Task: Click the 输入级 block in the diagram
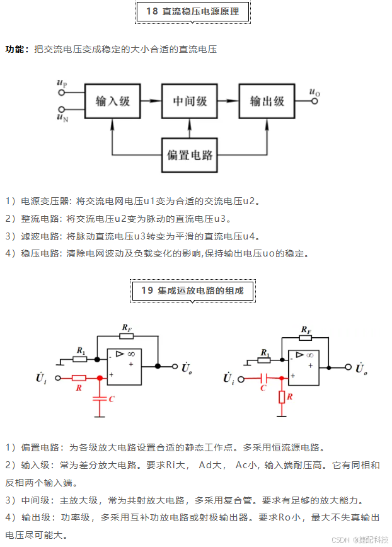[113, 101]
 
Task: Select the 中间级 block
[190, 101]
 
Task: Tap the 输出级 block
[267, 101]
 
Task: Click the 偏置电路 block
[190, 155]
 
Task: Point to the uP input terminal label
[62, 83]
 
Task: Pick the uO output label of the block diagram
[314, 93]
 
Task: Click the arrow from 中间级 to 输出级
[228, 101]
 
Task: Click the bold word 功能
[16, 49]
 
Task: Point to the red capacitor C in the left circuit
[100, 398]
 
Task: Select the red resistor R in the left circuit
[79, 378]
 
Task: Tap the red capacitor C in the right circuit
[264, 378]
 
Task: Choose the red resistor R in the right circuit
[282, 397]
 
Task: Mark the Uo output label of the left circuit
[186, 367]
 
